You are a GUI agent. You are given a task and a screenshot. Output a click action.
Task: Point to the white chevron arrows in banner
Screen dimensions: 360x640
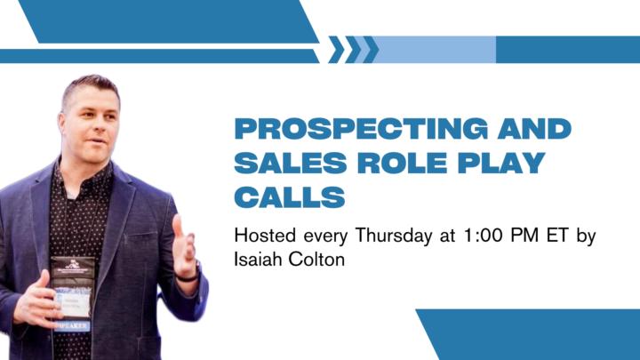pyautogui.click(x=353, y=50)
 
